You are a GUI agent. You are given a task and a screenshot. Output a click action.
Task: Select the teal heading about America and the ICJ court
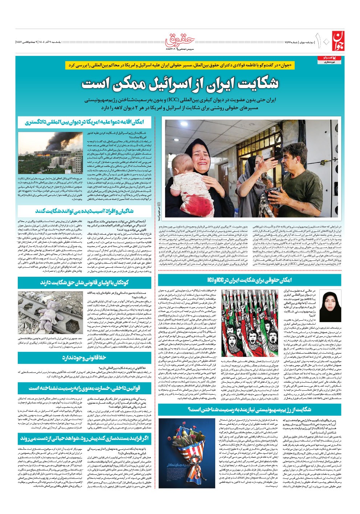(85, 122)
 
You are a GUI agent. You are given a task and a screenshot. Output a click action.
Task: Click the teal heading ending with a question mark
(249, 410)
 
